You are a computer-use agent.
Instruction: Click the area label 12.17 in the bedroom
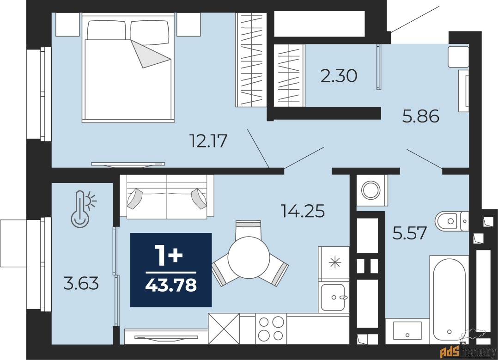click(x=208, y=141)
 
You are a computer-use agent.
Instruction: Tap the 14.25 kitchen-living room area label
click(x=303, y=211)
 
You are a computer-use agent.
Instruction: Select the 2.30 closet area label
click(x=339, y=76)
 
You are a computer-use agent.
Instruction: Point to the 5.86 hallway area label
click(x=421, y=116)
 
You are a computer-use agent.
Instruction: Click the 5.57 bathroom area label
click(x=409, y=233)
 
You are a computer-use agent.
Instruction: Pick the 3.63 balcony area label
click(x=81, y=283)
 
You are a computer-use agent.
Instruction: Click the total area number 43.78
click(x=171, y=285)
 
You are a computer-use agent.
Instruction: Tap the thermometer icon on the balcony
click(x=84, y=209)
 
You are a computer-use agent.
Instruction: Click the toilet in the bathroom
click(x=452, y=221)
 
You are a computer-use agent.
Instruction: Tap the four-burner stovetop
click(x=271, y=329)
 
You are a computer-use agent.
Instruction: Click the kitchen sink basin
click(x=333, y=298)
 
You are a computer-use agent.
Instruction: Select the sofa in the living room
click(x=167, y=197)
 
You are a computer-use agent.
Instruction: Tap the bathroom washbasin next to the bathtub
click(x=407, y=330)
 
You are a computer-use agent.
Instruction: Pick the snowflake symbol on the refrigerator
click(x=334, y=262)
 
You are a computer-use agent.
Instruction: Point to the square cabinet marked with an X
click(x=224, y=329)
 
